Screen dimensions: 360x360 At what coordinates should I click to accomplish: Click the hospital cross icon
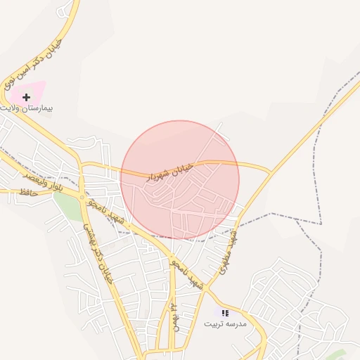point(27,96)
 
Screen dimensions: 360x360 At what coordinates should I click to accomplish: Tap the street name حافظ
point(29,191)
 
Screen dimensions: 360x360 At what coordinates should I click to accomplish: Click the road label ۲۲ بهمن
point(173,316)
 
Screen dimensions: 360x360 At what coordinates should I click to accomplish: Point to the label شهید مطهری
point(228,250)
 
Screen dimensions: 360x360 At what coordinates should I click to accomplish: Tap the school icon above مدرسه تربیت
point(225,313)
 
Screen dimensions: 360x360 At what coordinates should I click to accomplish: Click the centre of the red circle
point(180,180)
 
